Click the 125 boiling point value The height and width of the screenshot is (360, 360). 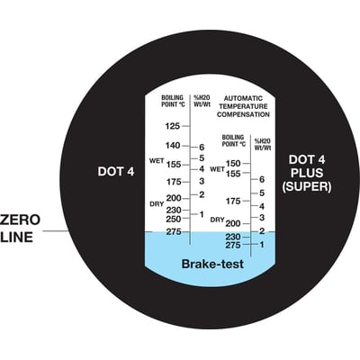173,126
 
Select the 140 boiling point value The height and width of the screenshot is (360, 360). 173,146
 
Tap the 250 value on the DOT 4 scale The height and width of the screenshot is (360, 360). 174,219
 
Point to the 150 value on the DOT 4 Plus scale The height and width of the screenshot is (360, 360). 233,163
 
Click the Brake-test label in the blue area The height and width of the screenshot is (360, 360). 212,264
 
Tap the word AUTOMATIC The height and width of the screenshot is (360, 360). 243,98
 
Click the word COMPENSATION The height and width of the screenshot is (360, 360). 243,114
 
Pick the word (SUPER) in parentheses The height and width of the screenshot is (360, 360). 307,186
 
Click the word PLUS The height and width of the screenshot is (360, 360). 307,173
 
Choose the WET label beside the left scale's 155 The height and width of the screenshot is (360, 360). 157,161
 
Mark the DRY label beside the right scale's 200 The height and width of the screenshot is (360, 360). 217,220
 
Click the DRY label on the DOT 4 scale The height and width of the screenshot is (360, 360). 157,204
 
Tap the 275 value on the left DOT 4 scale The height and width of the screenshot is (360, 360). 174,231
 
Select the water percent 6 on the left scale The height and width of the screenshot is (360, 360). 202,148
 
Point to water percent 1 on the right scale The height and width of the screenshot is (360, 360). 262,245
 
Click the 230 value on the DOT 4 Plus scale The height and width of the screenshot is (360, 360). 233,237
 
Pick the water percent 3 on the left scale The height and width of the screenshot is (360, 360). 202,181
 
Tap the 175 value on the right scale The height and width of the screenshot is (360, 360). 233,201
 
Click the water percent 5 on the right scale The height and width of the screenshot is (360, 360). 262,193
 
